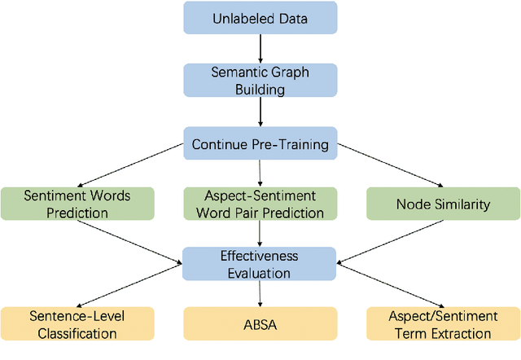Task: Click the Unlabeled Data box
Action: point(260,18)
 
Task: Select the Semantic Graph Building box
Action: point(260,81)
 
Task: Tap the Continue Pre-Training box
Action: point(260,144)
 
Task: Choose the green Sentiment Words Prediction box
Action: point(77,204)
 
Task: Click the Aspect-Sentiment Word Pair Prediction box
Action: point(260,204)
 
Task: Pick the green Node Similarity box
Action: point(442,204)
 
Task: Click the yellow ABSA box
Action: point(260,323)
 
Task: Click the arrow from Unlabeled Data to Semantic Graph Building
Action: point(260,50)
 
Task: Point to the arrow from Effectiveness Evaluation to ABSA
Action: point(260,292)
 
